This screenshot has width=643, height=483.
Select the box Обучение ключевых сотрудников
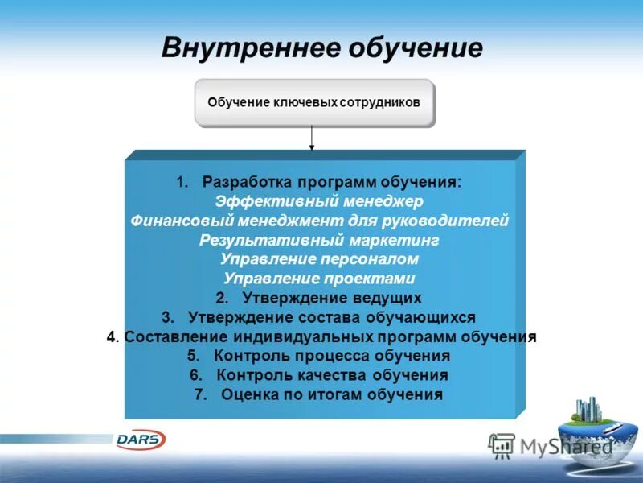[x=314, y=103]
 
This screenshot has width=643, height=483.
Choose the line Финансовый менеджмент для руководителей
[x=320, y=221]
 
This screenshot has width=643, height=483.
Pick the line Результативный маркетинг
[x=320, y=240]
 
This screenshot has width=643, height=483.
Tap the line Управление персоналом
[x=320, y=259]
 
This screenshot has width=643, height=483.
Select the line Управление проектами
[x=320, y=279]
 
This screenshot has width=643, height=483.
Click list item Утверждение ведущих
[x=331, y=298]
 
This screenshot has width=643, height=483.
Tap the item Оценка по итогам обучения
[x=331, y=394]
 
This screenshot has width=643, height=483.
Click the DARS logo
[x=141, y=440]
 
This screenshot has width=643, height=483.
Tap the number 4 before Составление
[x=112, y=336]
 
